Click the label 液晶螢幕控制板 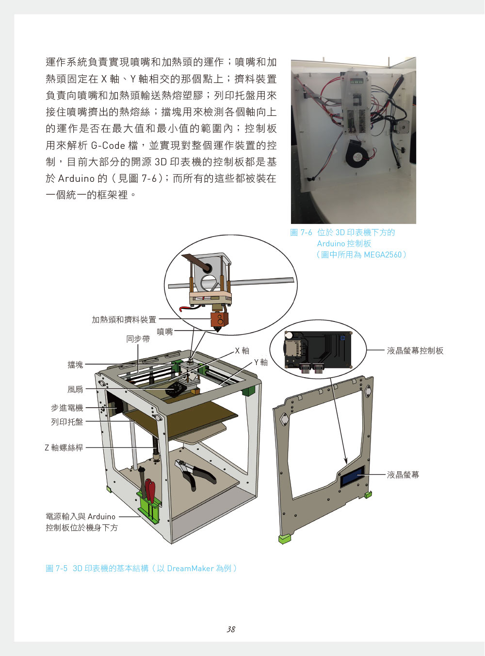coord(415,351)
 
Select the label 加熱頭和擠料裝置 coord(124,320)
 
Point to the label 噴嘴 coord(165,332)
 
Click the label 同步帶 coord(138,339)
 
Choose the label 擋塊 coord(75,365)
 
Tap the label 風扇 coord(75,389)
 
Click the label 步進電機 coord(67,408)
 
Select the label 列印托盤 coord(67,422)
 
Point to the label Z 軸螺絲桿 coord(64,448)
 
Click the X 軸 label coord(242,351)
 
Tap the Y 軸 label coord(261,362)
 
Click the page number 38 coord(231,629)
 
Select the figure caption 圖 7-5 coord(57,569)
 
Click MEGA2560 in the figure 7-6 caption coord(382,255)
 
